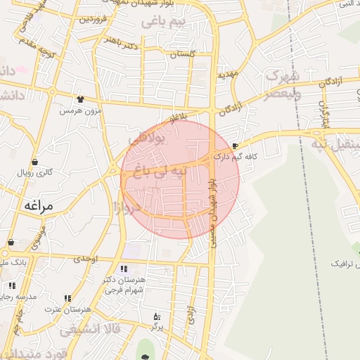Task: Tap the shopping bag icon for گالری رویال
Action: tap(35, 162)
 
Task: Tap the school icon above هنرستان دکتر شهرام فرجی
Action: tap(124, 268)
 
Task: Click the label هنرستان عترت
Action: tap(68, 309)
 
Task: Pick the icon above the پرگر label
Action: tap(157, 317)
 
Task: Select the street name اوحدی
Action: tap(84, 259)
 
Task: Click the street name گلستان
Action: tap(182, 54)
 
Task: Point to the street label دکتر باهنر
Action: tap(122, 42)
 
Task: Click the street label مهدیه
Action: tap(229, 73)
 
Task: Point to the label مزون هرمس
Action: tap(80, 110)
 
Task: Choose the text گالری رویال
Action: tap(35, 172)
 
